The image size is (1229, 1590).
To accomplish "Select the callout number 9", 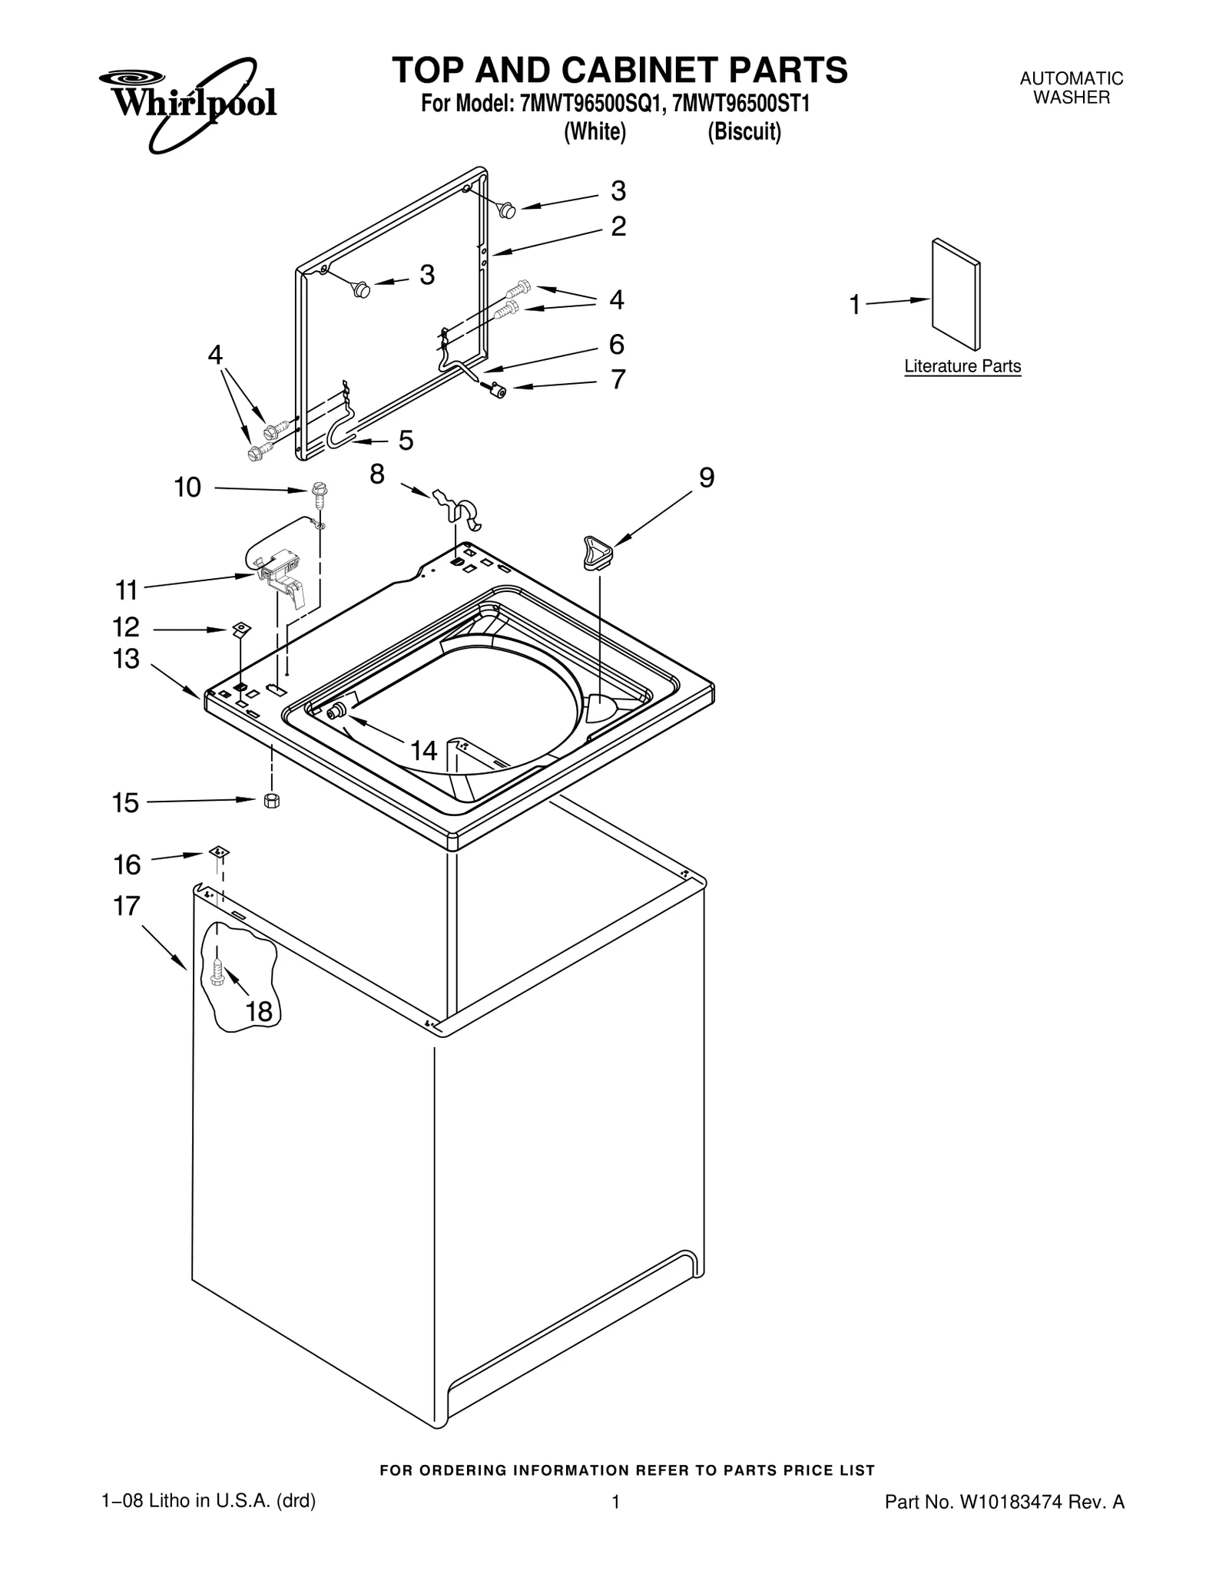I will click(706, 478).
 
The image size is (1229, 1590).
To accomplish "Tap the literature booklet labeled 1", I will click(955, 294).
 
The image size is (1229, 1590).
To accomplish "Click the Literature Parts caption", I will click(962, 366).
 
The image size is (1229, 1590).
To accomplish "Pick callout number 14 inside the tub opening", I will click(423, 750).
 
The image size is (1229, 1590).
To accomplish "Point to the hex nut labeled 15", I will click(270, 800).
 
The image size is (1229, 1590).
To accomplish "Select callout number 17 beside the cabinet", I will click(127, 906).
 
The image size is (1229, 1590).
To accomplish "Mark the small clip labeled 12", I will click(241, 630).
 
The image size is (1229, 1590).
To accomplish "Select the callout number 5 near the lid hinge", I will click(406, 441).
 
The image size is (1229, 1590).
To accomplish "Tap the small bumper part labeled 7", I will click(497, 391).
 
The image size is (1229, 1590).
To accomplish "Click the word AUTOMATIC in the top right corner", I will click(1071, 78).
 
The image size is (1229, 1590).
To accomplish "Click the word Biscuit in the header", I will click(744, 132).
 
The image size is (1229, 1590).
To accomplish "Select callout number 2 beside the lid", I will click(618, 226).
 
